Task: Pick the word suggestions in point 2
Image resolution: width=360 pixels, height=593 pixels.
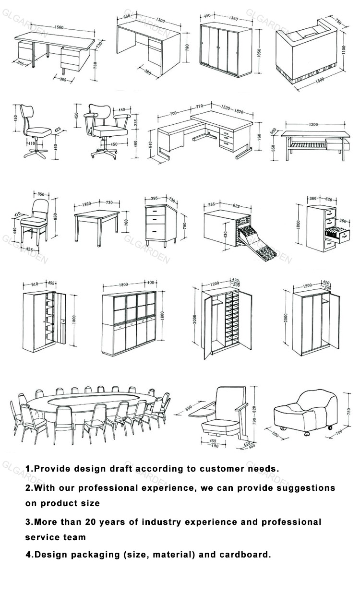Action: click(x=304, y=488)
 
